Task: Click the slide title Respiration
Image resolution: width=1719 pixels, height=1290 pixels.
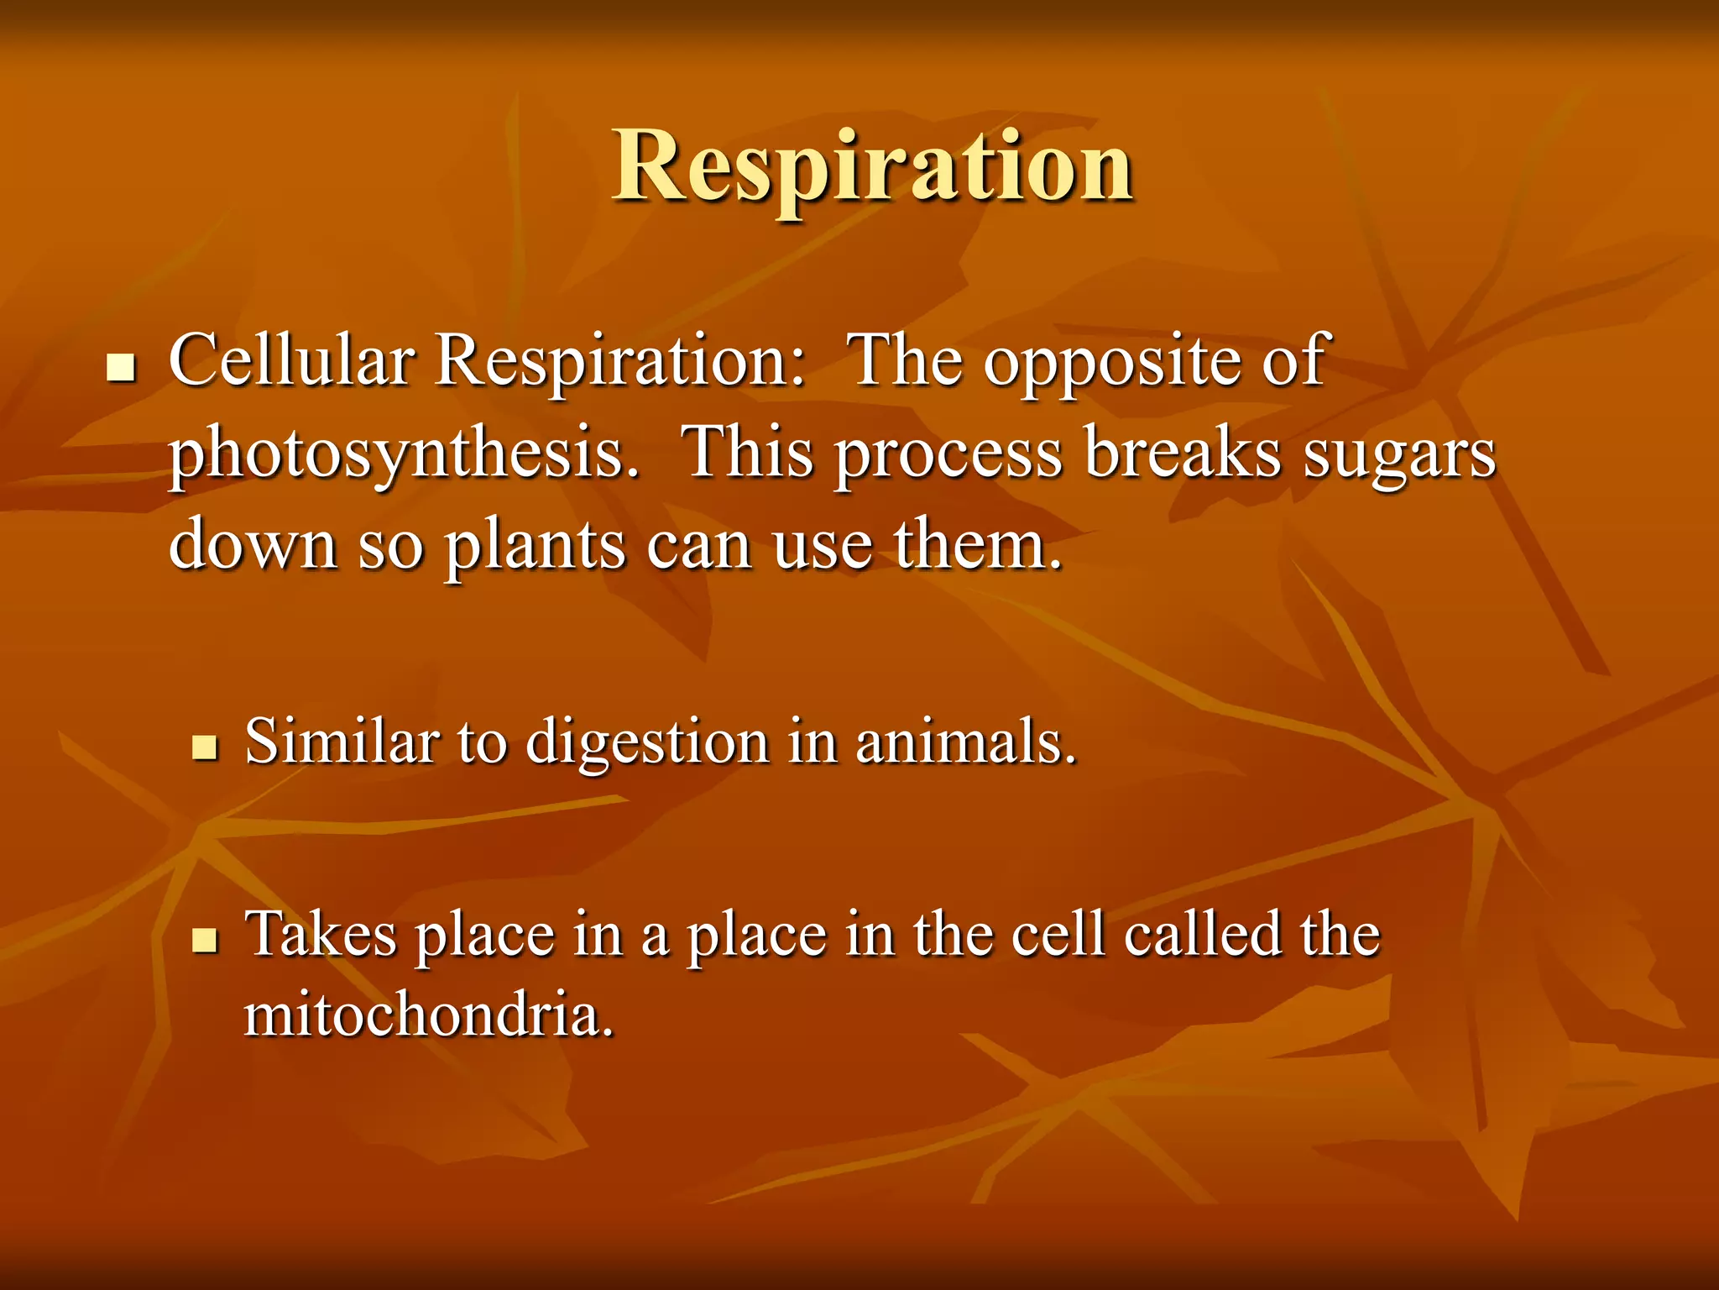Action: (x=873, y=168)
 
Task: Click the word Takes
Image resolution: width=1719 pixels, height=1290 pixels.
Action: (x=320, y=934)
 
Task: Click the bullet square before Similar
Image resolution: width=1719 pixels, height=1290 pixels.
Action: (x=204, y=747)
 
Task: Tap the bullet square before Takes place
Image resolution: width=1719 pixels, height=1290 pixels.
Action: (x=204, y=940)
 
